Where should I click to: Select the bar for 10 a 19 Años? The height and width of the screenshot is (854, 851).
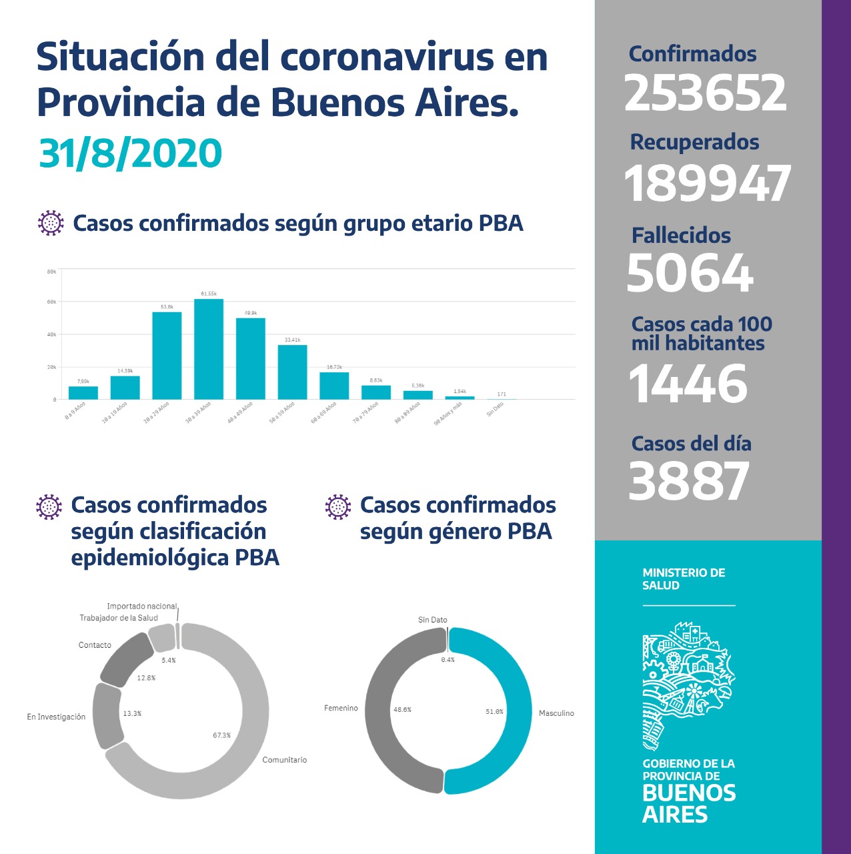[125, 388]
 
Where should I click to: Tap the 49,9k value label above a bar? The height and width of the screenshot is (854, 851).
[251, 313]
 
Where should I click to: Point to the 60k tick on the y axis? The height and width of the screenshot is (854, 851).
[51, 302]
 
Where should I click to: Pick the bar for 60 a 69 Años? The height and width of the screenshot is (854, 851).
[334, 386]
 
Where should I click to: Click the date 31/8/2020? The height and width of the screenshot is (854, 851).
[131, 153]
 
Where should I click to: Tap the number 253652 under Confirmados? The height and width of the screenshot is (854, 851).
[706, 93]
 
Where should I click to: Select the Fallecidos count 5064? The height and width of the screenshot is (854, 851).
[690, 273]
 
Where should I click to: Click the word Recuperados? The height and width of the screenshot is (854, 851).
[694, 142]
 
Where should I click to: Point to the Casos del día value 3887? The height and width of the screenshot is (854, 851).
[689, 481]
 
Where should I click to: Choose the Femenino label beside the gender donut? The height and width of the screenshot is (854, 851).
[341, 708]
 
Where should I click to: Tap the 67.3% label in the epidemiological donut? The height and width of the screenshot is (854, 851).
[221, 735]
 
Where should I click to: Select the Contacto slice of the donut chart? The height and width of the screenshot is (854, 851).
[125, 659]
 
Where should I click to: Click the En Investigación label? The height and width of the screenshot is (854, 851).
[56, 717]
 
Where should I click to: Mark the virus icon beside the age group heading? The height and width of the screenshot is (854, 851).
[51, 223]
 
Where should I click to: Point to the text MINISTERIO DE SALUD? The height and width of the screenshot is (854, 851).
[684, 579]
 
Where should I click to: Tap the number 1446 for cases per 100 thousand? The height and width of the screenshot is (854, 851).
[688, 384]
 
